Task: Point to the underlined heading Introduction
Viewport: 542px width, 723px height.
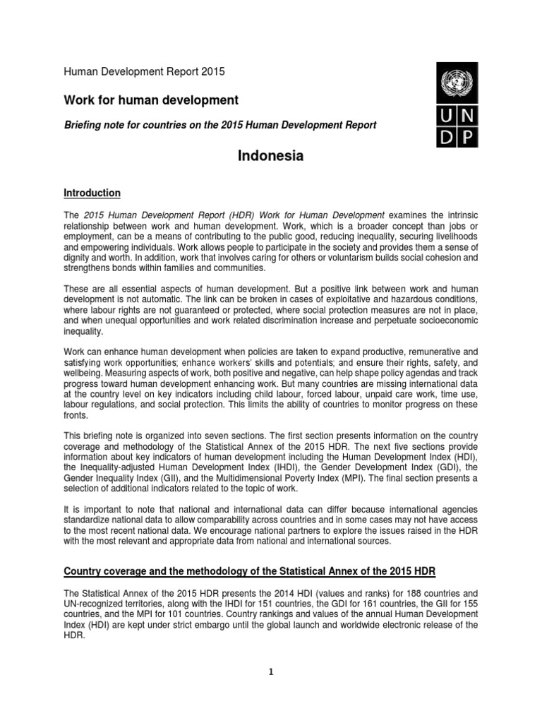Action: (92, 193)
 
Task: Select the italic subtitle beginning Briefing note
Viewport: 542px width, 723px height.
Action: (220, 126)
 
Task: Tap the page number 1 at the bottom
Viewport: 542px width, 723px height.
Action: (270, 672)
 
